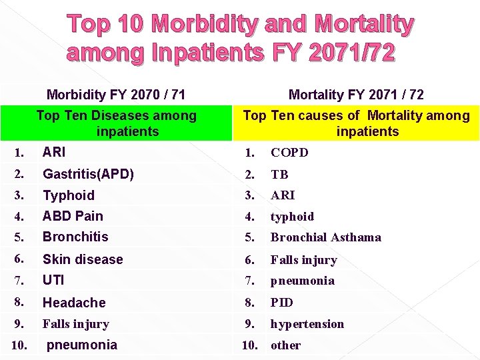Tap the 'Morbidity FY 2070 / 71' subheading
[x=116, y=95]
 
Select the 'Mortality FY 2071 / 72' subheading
[x=356, y=95]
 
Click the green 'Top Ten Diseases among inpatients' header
[x=117, y=123]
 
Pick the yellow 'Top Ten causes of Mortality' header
[x=356, y=123]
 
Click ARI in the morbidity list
[x=54, y=152]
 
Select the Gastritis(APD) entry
[x=88, y=174]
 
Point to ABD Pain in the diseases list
[x=73, y=216]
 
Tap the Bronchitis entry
[x=75, y=237]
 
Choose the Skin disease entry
[x=83, y=259]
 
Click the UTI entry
[x=53, y=280]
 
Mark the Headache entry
[x=74, y=303]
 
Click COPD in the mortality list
[x=289, y=153]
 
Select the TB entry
[x=279, y=175]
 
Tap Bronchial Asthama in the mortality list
[x=326, y=237]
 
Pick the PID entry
[x=282, y=303]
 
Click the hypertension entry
[x=307, y=324]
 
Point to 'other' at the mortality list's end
[x=285, y=345]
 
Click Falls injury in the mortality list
[x=304, y=260]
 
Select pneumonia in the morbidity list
[x=81, y=345]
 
